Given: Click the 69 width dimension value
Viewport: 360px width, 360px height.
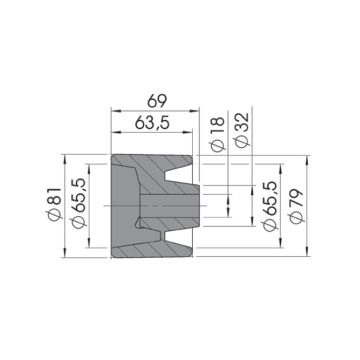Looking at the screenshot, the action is click(157, 101).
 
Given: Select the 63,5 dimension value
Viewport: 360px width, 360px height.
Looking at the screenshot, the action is click(152, 123).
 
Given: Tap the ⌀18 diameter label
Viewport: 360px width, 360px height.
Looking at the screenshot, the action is click(218, 135).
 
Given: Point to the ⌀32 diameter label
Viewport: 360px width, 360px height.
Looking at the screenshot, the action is click(242, 130).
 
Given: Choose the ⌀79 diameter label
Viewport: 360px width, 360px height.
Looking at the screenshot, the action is click(296, 206).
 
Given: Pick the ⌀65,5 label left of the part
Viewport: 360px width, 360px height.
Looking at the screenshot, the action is click(79, 203).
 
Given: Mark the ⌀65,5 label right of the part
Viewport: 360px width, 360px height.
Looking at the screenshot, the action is click(269, 206).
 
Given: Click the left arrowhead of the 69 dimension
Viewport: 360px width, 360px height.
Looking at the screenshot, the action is click(115, 111).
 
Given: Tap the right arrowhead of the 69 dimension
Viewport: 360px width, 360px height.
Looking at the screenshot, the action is click(195, 111).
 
